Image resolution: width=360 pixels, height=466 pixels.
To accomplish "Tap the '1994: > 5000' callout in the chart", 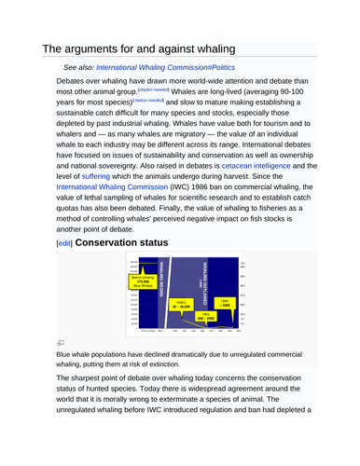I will pos(225,305).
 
